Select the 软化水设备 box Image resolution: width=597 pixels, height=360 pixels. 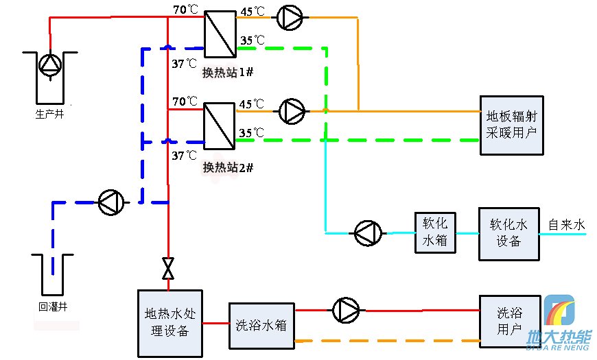[508, 233]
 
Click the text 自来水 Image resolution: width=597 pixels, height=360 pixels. [566, 224]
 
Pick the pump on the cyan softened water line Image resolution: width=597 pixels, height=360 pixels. [367, 233]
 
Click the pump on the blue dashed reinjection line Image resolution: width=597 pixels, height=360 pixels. [110, 202]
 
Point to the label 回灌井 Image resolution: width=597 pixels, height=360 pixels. [52, 307]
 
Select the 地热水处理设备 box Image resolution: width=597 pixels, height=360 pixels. [170, 323]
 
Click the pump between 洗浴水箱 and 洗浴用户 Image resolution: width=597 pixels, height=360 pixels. [345, 311]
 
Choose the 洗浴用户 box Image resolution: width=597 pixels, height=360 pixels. [509, 321]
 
